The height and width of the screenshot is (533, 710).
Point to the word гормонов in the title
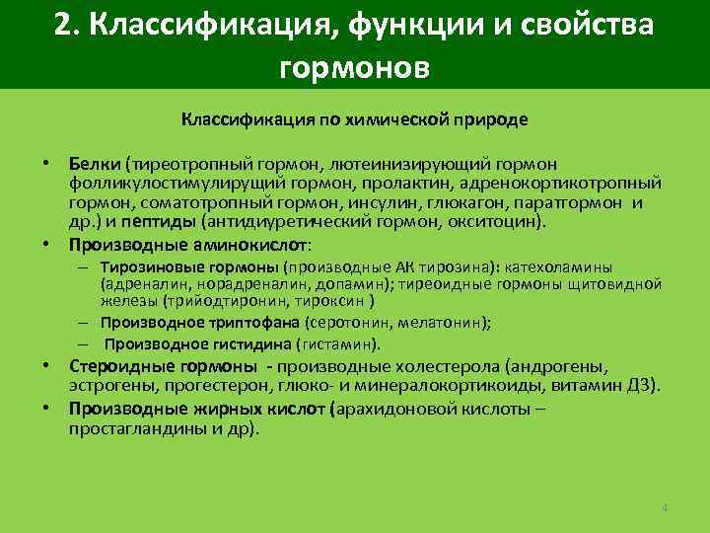click(x=355, y=68)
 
